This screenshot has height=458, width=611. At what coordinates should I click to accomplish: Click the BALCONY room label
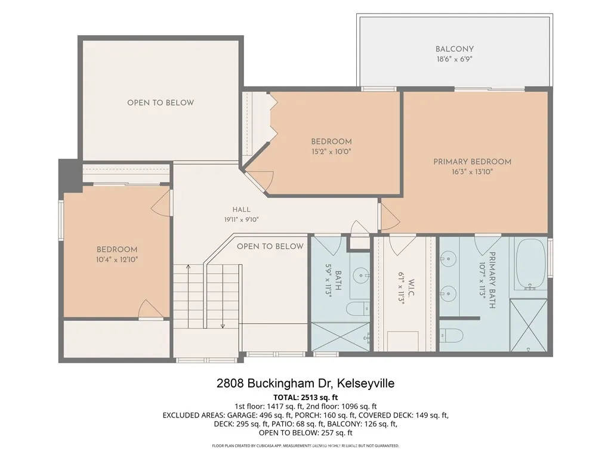tap(454, 49)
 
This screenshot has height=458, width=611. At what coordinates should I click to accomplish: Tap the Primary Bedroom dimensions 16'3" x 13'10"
tap(473, 172)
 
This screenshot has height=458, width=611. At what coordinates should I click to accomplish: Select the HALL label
tap(241, 209)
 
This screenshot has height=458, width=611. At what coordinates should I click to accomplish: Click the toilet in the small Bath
tap(358, 308)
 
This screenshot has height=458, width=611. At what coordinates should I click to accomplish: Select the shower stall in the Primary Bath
tap(529, 325)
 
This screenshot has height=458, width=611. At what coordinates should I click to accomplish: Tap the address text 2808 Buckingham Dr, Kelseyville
tap(305, 383)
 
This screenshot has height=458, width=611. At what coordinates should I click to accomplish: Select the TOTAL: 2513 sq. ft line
tap(305, 398)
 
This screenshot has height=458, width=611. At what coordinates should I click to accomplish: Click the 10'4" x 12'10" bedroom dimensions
tap(117, 259)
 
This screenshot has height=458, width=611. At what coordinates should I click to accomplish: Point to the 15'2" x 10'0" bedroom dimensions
tap(331, 151)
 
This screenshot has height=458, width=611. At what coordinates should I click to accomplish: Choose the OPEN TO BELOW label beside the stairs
tap(270, 246)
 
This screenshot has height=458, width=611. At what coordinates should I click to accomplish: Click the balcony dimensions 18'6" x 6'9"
tap(454, 59)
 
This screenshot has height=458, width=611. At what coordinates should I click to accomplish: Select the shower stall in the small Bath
tap(340, 338)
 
